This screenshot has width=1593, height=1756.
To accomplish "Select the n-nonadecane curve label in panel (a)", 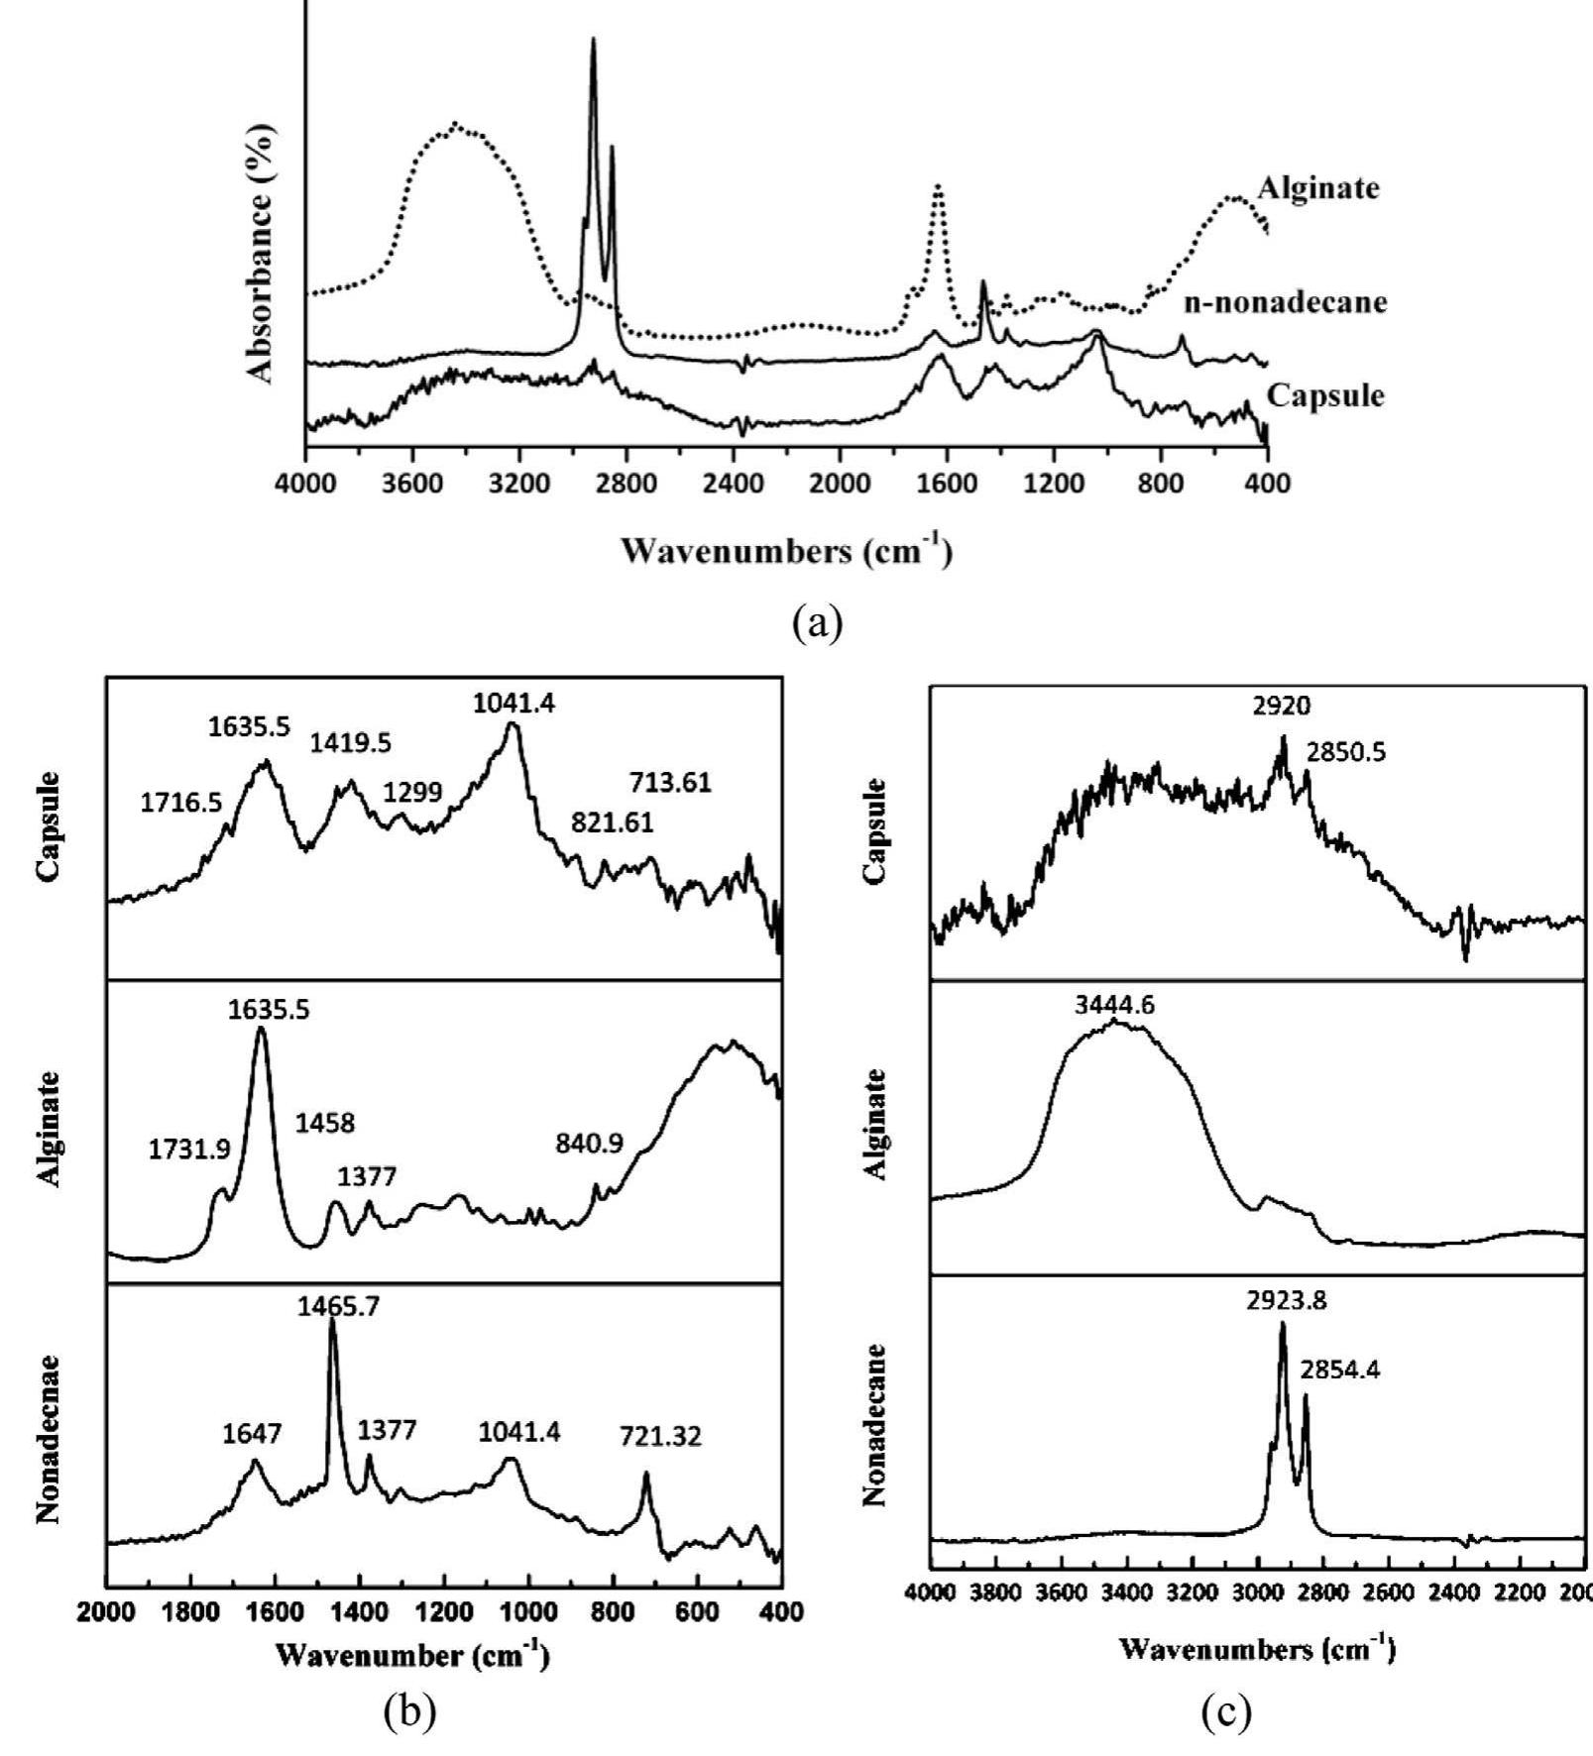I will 1286,302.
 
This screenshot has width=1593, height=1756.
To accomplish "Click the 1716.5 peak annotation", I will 180,803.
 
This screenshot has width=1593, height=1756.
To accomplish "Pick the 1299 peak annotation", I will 412,792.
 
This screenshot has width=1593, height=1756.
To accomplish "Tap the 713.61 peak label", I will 670,783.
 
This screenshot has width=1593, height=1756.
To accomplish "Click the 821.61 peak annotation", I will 612,823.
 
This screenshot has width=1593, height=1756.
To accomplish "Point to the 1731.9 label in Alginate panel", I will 189,1150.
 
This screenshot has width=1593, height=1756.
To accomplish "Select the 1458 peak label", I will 324,1123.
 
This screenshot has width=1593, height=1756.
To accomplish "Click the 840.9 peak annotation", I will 589,1144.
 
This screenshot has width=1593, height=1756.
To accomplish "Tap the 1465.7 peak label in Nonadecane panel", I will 338,1307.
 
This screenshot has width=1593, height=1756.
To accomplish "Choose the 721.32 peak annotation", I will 660,1436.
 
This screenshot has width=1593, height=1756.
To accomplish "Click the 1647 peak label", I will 252,1433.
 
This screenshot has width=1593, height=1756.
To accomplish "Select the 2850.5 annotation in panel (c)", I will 1345,753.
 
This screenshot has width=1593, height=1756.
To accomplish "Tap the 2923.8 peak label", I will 1286,1300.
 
